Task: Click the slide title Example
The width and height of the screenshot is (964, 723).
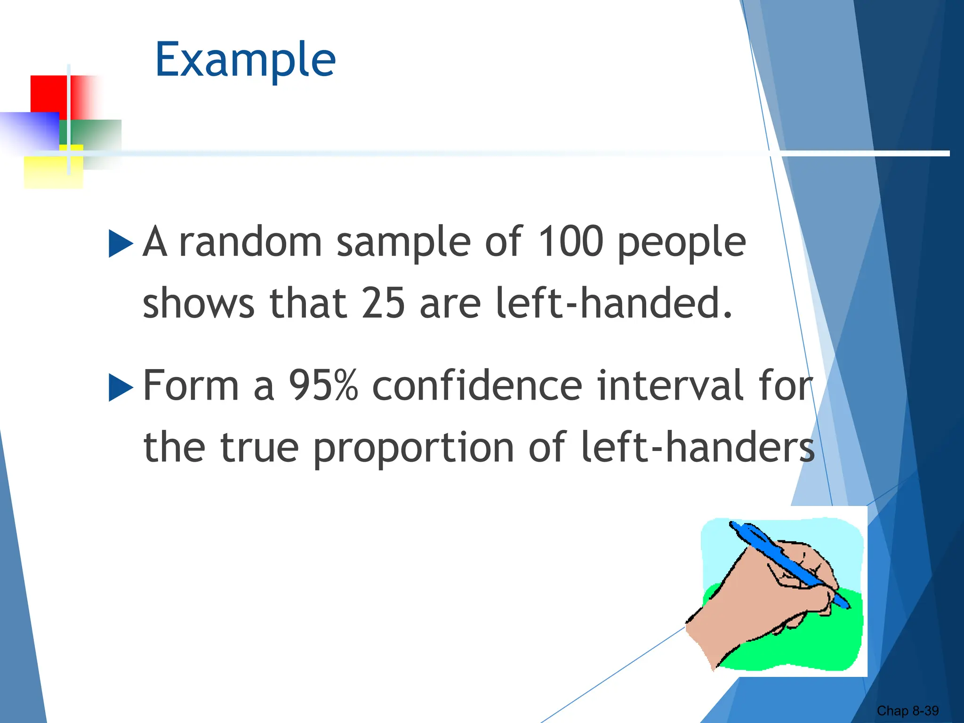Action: (245, 60)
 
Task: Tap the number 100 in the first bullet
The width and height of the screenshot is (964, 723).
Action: (570, 241)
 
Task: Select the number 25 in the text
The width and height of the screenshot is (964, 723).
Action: (383, 303)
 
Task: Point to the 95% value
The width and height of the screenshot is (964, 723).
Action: (323, 386)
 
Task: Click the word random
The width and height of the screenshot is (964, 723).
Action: (250, 241)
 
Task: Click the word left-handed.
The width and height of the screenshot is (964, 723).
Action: (614, 303)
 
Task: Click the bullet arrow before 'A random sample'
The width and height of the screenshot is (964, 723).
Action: (120, 243)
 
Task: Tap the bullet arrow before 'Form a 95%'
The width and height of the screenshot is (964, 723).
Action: (120, 387)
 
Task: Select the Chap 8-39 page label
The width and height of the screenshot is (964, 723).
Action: (907, 710)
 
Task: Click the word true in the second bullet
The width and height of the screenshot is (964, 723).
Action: (259, 447)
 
